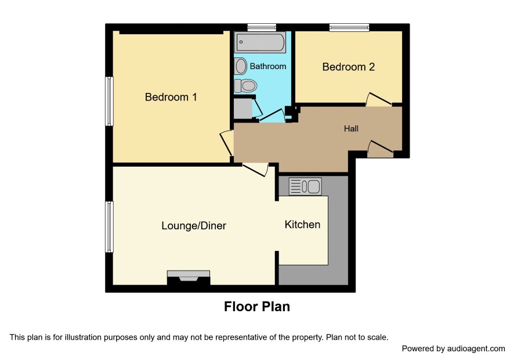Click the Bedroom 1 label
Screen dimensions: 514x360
171,97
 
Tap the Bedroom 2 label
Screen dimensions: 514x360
349,67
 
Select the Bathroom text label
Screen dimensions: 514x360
268,66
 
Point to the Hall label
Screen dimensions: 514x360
351,129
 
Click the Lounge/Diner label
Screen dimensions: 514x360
194,226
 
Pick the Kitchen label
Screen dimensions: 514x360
302,225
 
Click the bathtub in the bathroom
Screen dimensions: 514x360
260,42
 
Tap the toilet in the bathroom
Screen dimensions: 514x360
245,86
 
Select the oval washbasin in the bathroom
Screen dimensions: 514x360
241,66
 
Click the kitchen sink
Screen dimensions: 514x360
305,186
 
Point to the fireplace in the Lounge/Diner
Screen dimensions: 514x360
189,278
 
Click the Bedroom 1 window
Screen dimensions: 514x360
109,101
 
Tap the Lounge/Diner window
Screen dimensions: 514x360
109,227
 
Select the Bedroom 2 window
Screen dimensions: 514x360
349,27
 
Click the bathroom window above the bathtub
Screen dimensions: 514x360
262,27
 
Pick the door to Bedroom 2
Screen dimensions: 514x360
379,99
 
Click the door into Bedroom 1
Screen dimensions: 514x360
227,143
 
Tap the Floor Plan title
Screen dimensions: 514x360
257,307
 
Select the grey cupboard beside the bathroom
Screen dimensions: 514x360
243,109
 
